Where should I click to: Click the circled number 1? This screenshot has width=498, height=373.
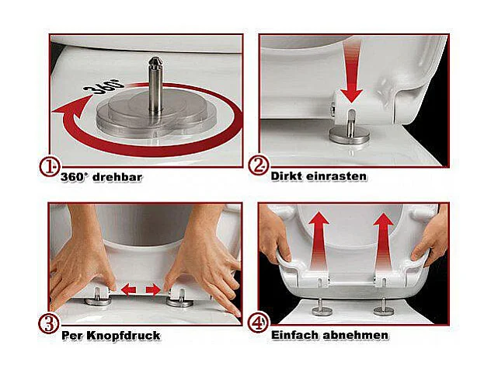pos(49,167)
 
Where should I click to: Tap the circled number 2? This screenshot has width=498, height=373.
pos(258,166)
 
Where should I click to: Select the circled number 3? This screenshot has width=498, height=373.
pos(49,324)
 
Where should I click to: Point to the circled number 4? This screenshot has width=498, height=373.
pos(258,323)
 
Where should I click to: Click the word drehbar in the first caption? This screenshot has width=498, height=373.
pos(117,177)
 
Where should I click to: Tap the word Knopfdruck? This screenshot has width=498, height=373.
pos(124,336)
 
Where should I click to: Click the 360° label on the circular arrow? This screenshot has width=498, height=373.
pos(104,85)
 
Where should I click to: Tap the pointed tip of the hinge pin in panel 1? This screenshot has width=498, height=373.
pos(155,58)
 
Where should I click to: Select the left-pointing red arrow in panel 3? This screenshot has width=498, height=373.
pos(128,289)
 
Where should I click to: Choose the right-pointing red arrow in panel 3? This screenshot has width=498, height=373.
pos(153,289)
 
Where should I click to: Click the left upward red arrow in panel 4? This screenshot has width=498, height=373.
pos(319,242)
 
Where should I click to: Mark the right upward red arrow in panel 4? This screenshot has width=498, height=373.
pos(383,242)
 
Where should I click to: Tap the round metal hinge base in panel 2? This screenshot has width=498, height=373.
pos(349,135)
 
